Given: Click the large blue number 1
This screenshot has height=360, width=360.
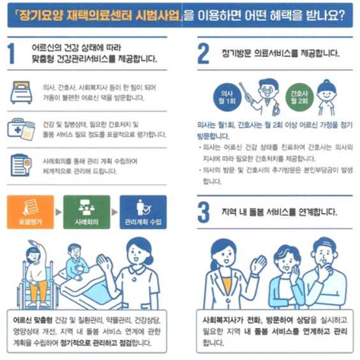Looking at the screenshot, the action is (11, 54).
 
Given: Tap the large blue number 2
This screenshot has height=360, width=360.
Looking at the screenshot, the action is (203, 53).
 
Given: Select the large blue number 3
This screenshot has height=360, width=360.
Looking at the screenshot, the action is (204, 212).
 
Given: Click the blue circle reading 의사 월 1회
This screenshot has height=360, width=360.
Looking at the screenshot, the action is (227, 97).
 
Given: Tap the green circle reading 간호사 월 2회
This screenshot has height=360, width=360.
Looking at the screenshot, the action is (299, 97).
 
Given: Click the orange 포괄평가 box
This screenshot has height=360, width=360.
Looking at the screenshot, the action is (31, 212).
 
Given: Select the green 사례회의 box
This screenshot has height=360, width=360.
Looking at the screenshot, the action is (87, 212).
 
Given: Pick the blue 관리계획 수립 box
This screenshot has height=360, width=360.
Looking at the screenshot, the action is (143, 212).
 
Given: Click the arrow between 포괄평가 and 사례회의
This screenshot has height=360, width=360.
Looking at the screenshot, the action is (59, 212).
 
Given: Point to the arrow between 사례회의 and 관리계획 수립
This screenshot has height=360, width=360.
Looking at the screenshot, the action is (115, 212).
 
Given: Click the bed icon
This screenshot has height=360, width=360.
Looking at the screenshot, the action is (21, 93).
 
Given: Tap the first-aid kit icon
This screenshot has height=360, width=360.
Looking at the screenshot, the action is (21, 129).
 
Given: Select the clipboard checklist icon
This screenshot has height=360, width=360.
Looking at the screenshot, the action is (21, 165).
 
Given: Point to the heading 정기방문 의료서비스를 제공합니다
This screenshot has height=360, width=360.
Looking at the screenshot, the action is (280, 54).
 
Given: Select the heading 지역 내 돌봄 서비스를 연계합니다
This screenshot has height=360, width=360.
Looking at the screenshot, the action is (280, 212).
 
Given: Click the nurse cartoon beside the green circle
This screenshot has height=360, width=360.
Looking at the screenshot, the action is (326, 98).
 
